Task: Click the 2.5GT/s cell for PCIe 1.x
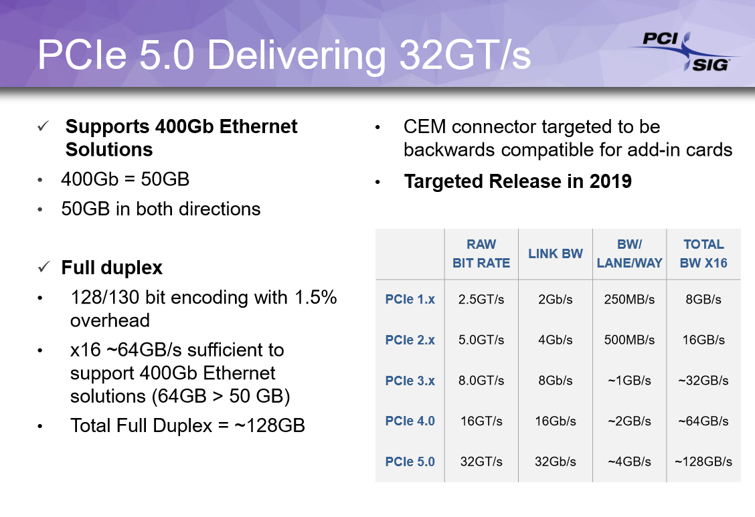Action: point(481,300)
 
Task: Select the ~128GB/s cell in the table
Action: point(703,461)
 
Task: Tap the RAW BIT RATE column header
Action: point(481,253)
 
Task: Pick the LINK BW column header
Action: point(555,253)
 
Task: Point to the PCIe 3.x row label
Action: point(410,381)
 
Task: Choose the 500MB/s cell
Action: point(628,340)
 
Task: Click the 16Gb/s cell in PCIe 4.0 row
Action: point(555,421)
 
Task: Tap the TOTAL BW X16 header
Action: point(703,253)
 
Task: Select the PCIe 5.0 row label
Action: point(410,461)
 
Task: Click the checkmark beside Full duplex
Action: point(44,268)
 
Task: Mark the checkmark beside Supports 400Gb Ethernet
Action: point(44,126)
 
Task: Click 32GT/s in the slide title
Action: point(465,56)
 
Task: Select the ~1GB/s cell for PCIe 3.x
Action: point(628,381)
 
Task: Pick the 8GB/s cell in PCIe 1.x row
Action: point(703,300)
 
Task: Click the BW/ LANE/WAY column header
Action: point(628,253)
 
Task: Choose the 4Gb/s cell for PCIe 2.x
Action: point(555,340)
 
